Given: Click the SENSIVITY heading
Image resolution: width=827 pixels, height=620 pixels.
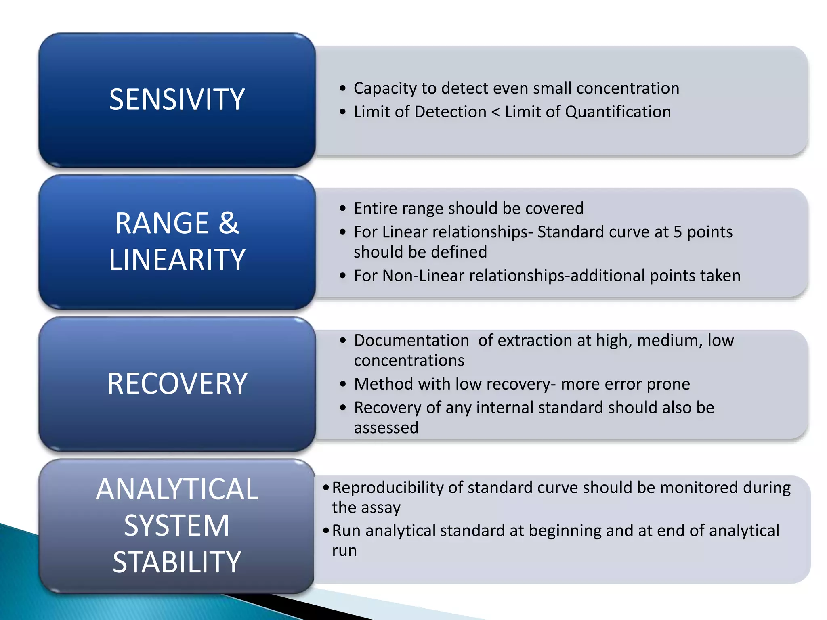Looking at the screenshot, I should coord(177,99).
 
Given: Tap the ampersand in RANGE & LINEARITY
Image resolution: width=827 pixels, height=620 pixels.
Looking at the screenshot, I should coord(229,223).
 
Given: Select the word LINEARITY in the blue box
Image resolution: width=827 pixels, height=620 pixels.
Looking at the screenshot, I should coord(177,260).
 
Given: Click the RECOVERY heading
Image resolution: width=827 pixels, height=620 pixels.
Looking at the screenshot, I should coord(177,383).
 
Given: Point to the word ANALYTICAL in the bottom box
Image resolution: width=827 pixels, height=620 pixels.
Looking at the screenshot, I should coord(177,489).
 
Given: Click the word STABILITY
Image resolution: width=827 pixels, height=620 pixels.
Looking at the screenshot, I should coord(177,562).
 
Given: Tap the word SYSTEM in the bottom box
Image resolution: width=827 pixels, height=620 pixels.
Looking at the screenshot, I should coord(177,526).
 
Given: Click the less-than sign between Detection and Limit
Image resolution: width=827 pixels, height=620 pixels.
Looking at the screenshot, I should coord(495,112).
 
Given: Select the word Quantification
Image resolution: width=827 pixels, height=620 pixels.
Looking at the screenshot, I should coord(617,112).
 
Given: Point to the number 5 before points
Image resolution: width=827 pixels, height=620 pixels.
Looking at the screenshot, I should coord(678,232).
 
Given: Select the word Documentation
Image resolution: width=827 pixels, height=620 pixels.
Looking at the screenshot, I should coord(411,340).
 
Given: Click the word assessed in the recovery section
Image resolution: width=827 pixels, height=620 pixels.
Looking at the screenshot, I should coord(386,427).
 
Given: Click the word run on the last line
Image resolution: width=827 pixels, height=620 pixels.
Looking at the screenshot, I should coord(344,551).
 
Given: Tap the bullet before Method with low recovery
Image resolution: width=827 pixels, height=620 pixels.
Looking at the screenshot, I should coord(343,384).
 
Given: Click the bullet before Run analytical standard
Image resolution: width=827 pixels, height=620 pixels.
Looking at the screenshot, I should coord(326,531).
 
